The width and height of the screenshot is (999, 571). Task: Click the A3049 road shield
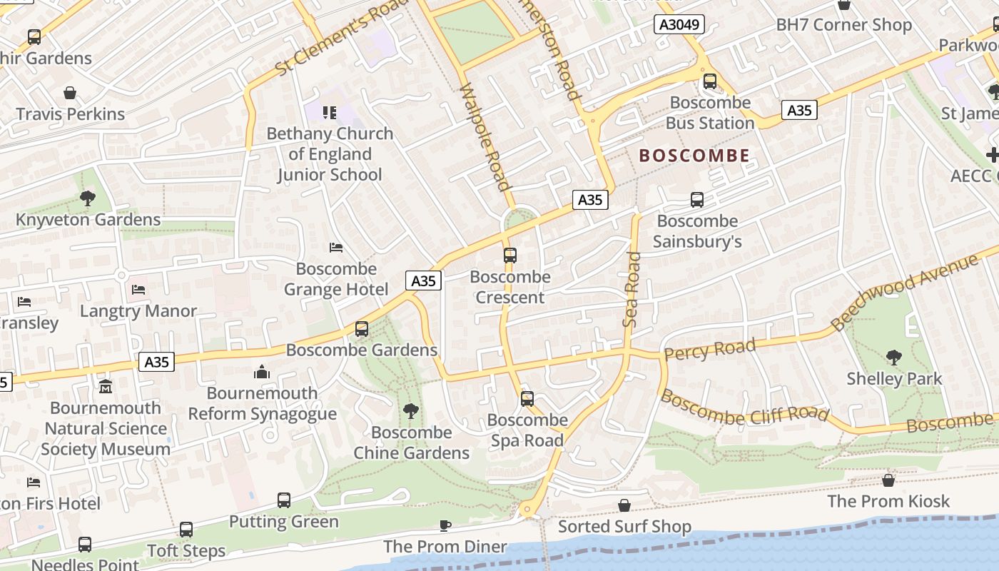pos(679,25)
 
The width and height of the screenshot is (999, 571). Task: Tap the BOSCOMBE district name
pos(694,156)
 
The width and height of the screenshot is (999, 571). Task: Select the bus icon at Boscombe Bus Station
pos(709,81)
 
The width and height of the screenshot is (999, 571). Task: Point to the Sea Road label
pos(632,289)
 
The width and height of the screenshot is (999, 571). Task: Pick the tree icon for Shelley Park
pos(893,358)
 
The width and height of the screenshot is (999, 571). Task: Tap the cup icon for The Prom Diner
pos(445,526)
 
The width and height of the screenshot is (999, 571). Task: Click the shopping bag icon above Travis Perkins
pos(70,93)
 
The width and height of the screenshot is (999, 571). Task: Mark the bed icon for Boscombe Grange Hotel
pos(336,248)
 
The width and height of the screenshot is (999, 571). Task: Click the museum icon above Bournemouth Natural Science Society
pos(106,387)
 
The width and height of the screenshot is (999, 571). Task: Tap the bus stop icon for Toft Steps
pos(186,530)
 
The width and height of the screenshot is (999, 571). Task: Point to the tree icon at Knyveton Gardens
pos(88,198)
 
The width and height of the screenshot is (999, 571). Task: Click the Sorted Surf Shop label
pos(624,527)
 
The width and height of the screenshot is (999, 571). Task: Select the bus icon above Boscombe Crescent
pos(509,256)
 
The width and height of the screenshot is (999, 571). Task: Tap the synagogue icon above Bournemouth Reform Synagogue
pos(262,372)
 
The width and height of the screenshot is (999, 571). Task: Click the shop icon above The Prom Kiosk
pos(888,480)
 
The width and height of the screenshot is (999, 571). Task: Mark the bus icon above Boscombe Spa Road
pos(527,399)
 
